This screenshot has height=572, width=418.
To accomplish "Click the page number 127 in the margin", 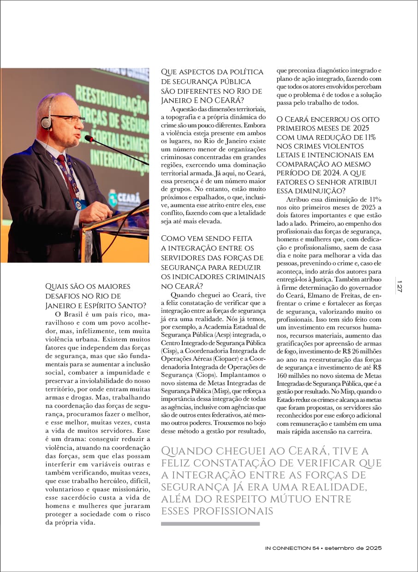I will click(400, 286).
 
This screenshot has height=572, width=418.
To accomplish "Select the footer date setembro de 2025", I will click(353, 548).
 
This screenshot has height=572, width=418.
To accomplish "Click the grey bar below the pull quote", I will click(210, 524).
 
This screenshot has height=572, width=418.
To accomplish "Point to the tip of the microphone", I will click(88, 138).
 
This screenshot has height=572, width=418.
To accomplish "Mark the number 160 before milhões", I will click(283, 375).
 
